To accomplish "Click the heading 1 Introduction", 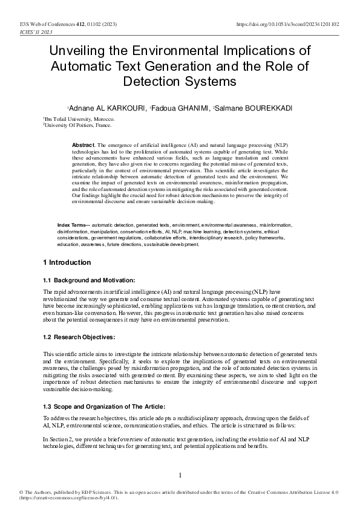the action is [67, 262].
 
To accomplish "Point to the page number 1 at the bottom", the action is [180, 475].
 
